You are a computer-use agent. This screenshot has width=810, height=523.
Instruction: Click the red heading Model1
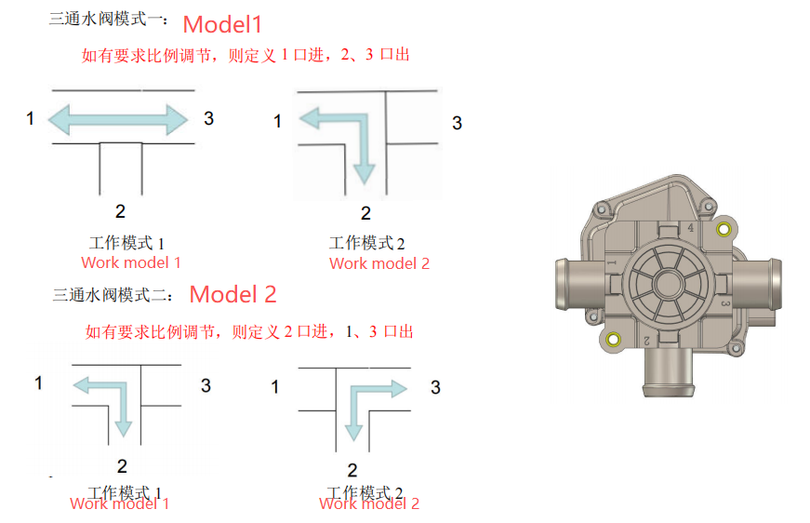pos(223,24)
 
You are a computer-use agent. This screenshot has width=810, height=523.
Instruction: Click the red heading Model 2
pos(232,294)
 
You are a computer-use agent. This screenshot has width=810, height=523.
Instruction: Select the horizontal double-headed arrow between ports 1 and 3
pos(118,118)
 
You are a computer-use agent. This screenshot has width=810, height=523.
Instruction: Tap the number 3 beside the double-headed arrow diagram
pos(208,118)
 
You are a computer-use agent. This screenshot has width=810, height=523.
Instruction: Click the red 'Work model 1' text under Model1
pos(131,263)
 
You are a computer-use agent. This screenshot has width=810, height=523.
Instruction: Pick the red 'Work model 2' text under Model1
pos(379,263)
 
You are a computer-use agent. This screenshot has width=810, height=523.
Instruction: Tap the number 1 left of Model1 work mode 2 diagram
pos(277,121)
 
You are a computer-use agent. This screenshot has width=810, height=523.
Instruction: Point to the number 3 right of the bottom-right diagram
pos(435,387)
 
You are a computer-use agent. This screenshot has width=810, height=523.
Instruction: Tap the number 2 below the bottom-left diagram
pos(122,466)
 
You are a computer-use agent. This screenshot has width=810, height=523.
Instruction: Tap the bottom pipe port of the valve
pos(665,377)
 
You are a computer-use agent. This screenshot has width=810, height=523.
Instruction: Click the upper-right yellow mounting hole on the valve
pos(724,229)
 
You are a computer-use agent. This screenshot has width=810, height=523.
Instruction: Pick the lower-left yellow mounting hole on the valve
pos(613,340)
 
